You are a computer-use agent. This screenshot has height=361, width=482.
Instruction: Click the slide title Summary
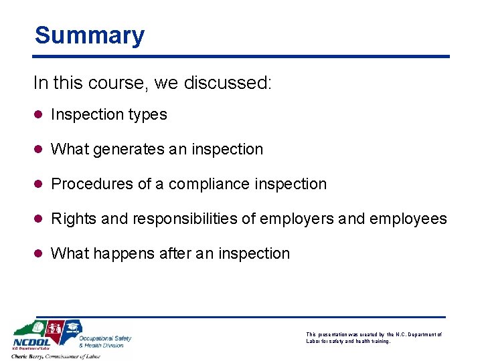point(90,35)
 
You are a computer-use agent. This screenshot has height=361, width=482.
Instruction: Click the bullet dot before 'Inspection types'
point(39,115)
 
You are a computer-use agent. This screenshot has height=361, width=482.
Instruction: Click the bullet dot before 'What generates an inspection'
point(39,150)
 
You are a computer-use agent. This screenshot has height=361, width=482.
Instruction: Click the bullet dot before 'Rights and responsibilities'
point(39,219)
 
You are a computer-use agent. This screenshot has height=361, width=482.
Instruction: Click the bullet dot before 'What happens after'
point(39,253)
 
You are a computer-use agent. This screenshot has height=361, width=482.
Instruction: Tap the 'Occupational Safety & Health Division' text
point(105,342)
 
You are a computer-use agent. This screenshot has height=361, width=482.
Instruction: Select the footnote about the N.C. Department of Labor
point(374,338)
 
